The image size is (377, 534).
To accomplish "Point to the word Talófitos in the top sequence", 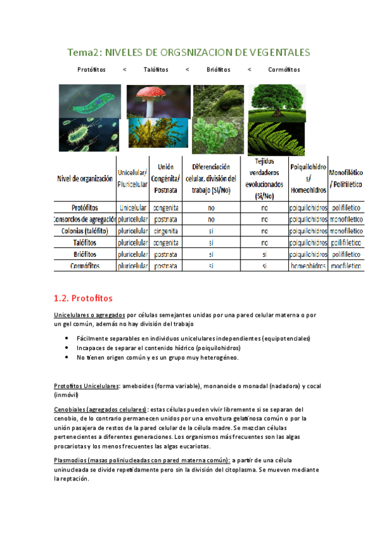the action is (155, 69).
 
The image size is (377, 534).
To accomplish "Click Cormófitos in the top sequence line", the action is (283, 69).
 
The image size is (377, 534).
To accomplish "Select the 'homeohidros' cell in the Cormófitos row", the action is (308, 266).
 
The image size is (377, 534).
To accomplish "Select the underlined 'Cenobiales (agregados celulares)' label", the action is (101, 409).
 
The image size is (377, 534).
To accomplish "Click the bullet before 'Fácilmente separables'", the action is (67, 338).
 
